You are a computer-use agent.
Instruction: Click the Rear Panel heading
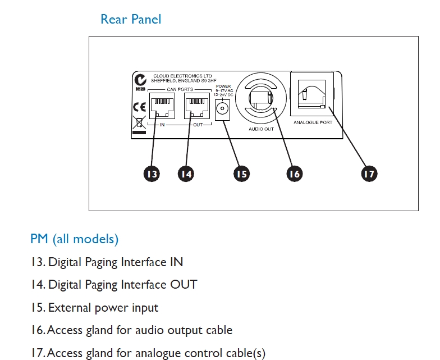[130, 19]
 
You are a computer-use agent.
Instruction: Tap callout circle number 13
[152, 174]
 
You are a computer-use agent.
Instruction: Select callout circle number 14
[186, 174]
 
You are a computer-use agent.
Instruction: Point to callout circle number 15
[241, 174]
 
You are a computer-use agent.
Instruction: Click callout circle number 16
[294, 174]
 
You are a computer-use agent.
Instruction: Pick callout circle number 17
[368, 174]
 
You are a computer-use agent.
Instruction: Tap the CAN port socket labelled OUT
[198, 106]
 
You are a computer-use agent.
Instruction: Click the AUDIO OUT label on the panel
[261, 129]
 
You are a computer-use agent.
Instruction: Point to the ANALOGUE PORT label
[313, 122]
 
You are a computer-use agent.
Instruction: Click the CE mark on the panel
[139, 106]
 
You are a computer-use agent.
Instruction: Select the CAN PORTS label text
[180, 89]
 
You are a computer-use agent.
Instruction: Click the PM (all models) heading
[74, 239]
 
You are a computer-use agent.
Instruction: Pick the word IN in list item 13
[176, 262]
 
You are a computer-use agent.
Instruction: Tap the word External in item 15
[66, 308]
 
